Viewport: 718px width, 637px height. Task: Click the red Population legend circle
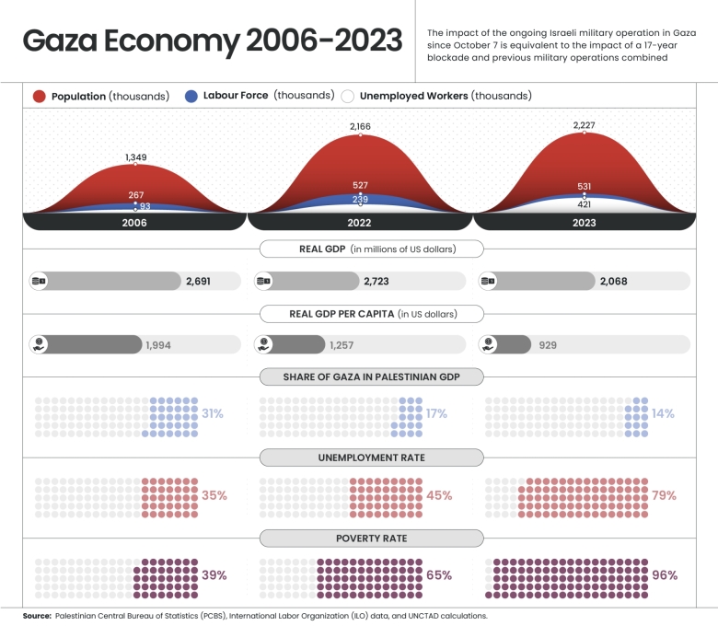[x=40, y=96]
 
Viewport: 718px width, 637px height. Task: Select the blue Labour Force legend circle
[x=191, y=96]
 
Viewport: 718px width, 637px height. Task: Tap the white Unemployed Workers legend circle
[x=348, y=96]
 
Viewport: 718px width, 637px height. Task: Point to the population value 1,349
[x=135, y=157]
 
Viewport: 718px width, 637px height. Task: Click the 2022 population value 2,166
[x=360, y=125]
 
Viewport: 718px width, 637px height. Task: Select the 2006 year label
[x=134, y=223]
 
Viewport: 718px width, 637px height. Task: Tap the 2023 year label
[x=584, y=223]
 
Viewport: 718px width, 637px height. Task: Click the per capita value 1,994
[x=158, y=345]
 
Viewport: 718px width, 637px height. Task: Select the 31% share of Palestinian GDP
[x=213, y=414]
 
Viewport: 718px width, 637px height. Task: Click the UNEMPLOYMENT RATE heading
[x=371, y=457]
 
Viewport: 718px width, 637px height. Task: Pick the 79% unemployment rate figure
[x=664, y=495]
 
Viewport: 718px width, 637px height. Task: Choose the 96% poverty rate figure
[x=665, y=575]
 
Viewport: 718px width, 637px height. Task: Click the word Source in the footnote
[x=37, y=615]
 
